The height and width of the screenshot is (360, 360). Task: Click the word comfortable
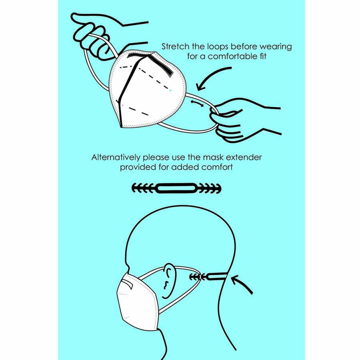(232, 56)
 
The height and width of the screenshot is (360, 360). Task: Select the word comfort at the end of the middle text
(217, 167)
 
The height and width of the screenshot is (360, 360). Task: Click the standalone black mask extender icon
(176, 188)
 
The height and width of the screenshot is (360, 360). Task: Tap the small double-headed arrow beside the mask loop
(197, 103)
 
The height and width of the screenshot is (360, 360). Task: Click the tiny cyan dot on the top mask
(170, 91)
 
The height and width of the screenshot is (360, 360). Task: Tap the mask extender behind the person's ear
(208, 277)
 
